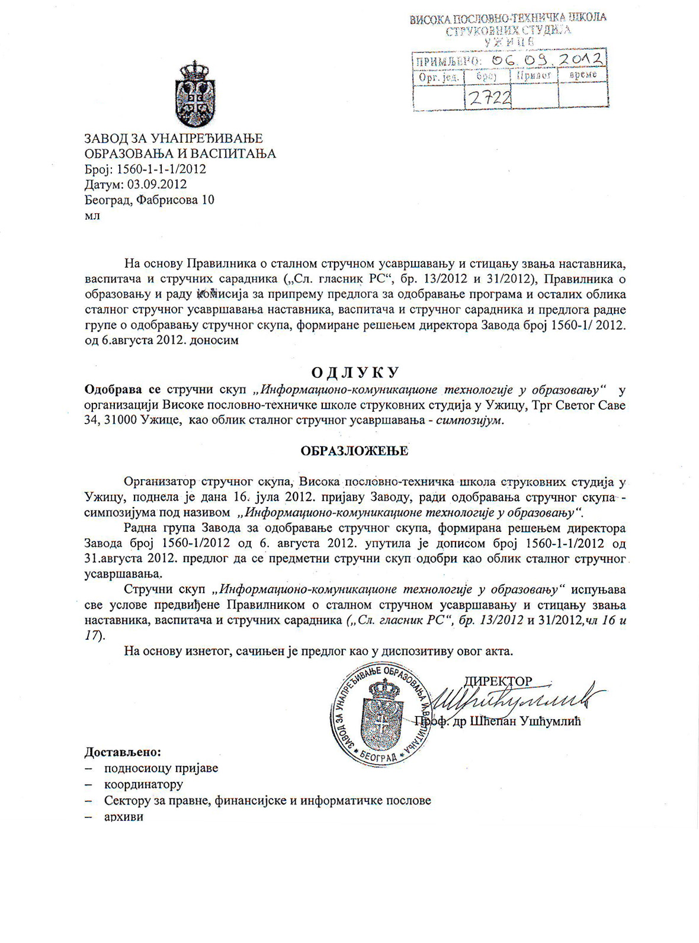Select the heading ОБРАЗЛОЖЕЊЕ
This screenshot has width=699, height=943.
(354, 451)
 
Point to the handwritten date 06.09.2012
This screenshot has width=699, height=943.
(551, 59)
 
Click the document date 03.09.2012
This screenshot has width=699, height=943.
(157, 184)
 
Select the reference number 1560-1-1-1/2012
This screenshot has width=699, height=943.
(162, 169)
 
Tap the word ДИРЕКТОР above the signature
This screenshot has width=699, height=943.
(498, 682)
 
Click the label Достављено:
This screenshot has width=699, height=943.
(123, 752)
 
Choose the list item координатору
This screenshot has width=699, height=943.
(143, 784)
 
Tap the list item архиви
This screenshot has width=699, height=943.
(123, 817)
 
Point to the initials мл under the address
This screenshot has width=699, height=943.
(92, 215)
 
